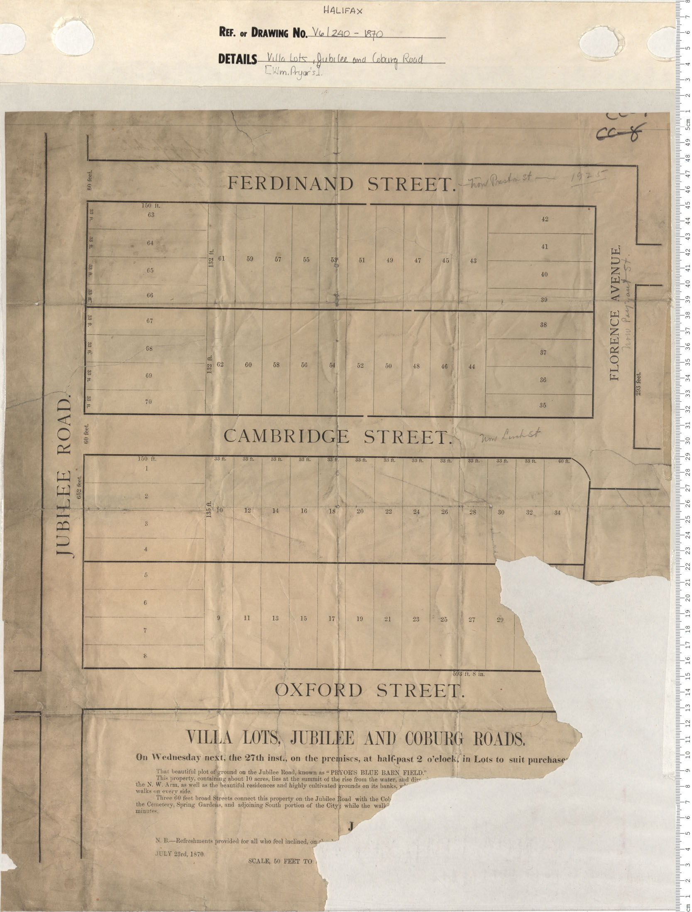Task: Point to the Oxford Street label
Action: pyautogui.click(x=369, y=690)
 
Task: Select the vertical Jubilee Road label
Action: pyautogui.click(x=64, y=478)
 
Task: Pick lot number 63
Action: pyautogui.click(x=151, y=215)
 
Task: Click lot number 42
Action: pyautogui.click(x=545, y=219)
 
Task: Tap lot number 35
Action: pyautogui.click(x=543, y=405)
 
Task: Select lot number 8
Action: pyautogui.click(x=145, y=656)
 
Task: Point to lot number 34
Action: pyautogui.click(x=557, y=512)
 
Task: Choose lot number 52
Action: pyautogui.click(x=360, y=366)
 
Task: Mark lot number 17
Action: pyautogui.click(x=332, y=619)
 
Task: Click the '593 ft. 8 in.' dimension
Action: pyautogui.click(x=468, y=674)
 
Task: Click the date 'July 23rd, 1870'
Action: pyautogui.click(x=180, y=853)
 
